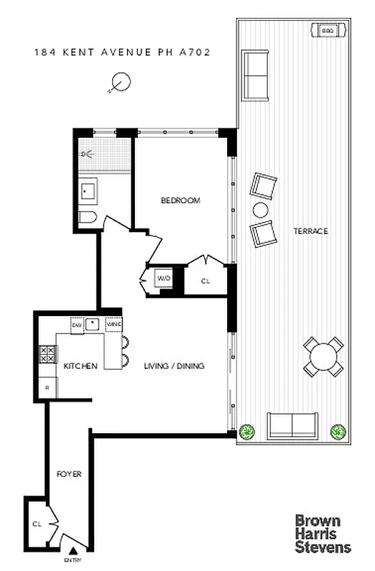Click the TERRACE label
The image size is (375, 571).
pyautogui.click(x=310, y=231)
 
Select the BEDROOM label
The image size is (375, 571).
pyautogui.click(x=180, y=201)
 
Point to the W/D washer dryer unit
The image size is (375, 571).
pyautogui.click(x=164, y=278)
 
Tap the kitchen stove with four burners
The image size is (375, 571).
pyautogui.click(x=47, y=355)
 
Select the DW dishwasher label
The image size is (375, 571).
pyautogui.click(x=76, y=325)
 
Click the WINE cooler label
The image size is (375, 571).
pyautogui.click(x=114, y=325)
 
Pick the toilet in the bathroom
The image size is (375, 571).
pyautogui.click(x=85, y=218)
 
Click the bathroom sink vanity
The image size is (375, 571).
pyautogui.click(x=90, y=191)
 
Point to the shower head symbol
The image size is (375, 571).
pyautogui.click(x=88, y=153)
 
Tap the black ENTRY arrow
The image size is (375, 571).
pyautogui.click(x=72, y=550)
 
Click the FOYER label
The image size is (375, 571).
pyautogui.click(x=69, y=474)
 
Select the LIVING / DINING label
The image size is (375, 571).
pyautogui.click(x=174, y=366)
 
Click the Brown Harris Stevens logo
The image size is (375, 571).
pyautogui.click(x=323, y=533)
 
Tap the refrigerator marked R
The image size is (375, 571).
pyautogui.click(x=47, y=388)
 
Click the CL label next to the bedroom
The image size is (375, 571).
pyautogui.click(x=206, y=281)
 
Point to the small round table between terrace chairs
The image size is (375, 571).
pyautogui.click(x=260, y=210)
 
